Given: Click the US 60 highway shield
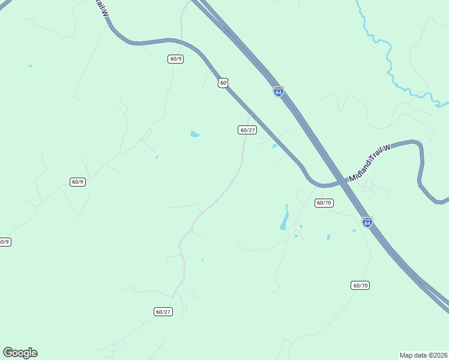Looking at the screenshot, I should [223, 83].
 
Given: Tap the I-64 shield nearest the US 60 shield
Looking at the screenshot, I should [279, 91].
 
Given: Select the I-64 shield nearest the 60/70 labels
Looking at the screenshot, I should [367, 222].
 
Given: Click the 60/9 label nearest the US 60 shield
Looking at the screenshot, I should [176, 59].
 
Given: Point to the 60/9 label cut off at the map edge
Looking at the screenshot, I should [4, 242].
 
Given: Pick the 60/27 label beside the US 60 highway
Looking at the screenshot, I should [248, 130].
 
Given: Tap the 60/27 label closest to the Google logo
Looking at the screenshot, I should [163, 311].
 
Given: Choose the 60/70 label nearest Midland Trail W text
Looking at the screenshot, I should [324, 203].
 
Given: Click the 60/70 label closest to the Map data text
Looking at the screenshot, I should [360, 285].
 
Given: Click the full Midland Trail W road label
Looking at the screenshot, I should [369, 162].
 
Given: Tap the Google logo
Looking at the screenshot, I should [20, 353].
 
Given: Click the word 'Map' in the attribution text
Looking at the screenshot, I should [407, 355].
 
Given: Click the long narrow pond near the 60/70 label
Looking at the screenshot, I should [285, 218].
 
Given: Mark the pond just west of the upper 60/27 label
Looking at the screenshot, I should [194, 134].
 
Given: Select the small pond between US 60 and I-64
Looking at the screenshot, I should [274, 146].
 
